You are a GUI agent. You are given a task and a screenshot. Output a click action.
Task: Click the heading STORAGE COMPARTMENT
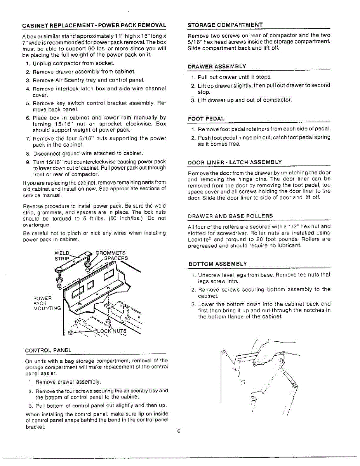(225, 25)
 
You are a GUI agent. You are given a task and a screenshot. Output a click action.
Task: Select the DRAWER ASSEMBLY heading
(217, 67)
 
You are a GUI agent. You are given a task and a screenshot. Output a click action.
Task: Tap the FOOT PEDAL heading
(206, 118)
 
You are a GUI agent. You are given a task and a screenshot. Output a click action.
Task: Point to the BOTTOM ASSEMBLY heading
(217, 264)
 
